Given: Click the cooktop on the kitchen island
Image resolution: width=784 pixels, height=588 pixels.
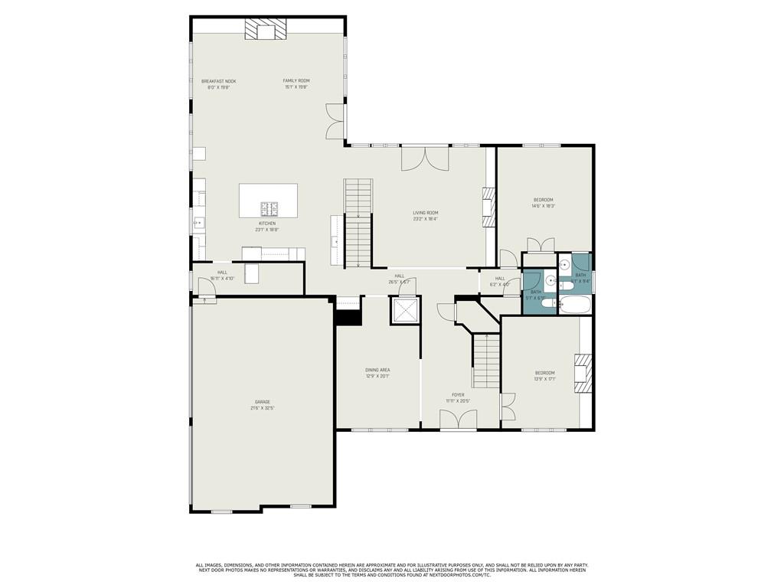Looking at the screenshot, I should pos(270,208).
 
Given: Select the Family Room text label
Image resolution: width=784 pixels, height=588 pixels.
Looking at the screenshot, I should pos(296,80).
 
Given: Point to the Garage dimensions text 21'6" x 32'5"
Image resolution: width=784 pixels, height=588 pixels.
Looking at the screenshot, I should pos(262,408).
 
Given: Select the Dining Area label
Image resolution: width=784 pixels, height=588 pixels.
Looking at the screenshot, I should pos(377,370).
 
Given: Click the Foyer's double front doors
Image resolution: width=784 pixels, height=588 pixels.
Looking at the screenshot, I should pos(458,420).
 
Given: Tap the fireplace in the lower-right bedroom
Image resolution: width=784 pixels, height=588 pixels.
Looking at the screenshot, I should pos(583,373).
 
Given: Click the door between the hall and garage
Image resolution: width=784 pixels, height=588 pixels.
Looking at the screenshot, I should pos(206,291).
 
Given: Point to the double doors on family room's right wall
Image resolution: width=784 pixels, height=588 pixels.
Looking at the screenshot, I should pos(335,123).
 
